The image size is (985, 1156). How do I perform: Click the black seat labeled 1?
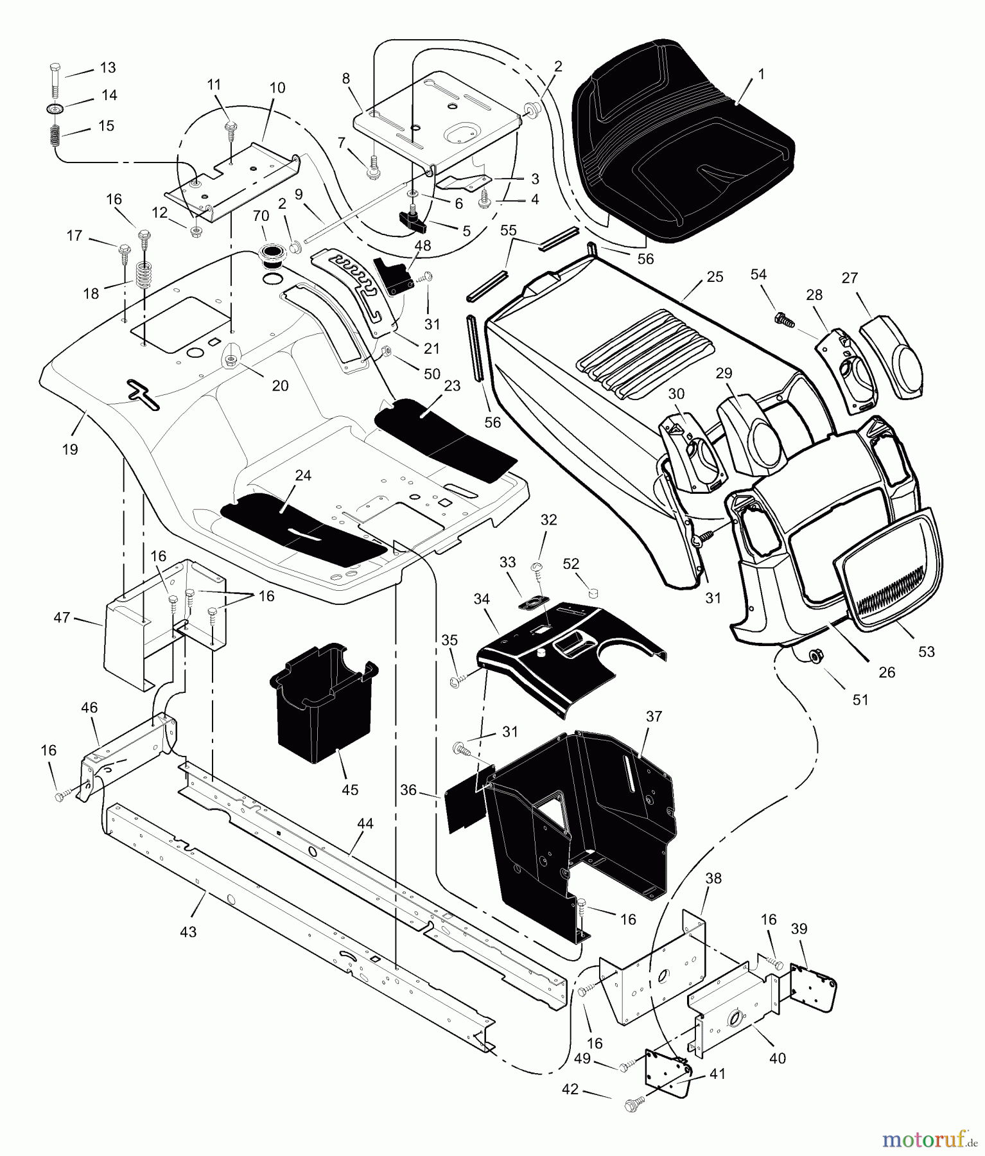[681, 138]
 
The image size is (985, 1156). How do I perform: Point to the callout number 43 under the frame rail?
[189, 932]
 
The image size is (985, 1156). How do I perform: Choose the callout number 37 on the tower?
[653, 717]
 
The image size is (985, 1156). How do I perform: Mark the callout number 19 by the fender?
[70, 450]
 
